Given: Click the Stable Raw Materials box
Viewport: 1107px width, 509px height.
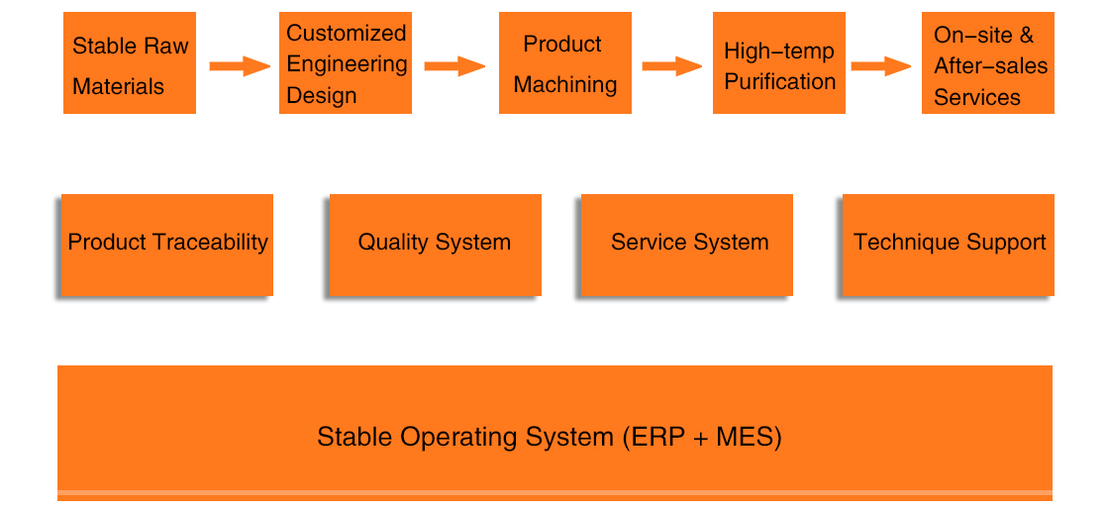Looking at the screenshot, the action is pyautogui.click(x=129, y=62).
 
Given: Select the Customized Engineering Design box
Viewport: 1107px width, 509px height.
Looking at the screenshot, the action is pyautogui.click(x=346, y=62).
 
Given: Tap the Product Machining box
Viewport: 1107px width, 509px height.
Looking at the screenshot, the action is pyautogui.click(x=564, y=62).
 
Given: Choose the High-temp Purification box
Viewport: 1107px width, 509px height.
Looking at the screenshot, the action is pyautogui.click(x=778, y=62).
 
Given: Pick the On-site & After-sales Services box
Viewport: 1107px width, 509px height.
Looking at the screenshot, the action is pyautogui.click(x=988, y=62).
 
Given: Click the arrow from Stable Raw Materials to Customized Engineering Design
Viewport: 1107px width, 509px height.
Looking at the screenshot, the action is pyautogui.click(x=240, y=66).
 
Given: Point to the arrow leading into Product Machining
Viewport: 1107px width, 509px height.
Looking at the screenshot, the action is pyautogui.click(x=454, y=66).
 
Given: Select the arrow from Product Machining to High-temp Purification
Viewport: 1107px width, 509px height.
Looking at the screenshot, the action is pyautogui.click(x=672, y=66).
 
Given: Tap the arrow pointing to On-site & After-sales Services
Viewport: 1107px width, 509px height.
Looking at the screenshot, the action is pyautogui.click(x=881, y=66).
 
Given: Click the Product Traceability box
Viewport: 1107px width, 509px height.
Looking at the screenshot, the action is pyautogui.click(x=166, y=245).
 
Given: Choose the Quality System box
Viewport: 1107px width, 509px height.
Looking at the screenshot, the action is pyautogui.click(x=435, y=245).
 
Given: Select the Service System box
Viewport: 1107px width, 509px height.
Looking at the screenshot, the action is pyautogui.click(x=686, y=245).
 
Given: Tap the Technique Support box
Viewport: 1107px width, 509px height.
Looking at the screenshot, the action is pyautogui.click(x=949, y=245).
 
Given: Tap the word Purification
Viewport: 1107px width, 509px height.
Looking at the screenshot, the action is pyautogui.click(x=780, y=82).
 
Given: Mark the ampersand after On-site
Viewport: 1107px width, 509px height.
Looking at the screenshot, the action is pyautogui.click(x=1027, y=35).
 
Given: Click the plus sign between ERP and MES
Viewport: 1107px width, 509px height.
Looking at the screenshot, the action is pyautogui.click(x=700, y=439).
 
